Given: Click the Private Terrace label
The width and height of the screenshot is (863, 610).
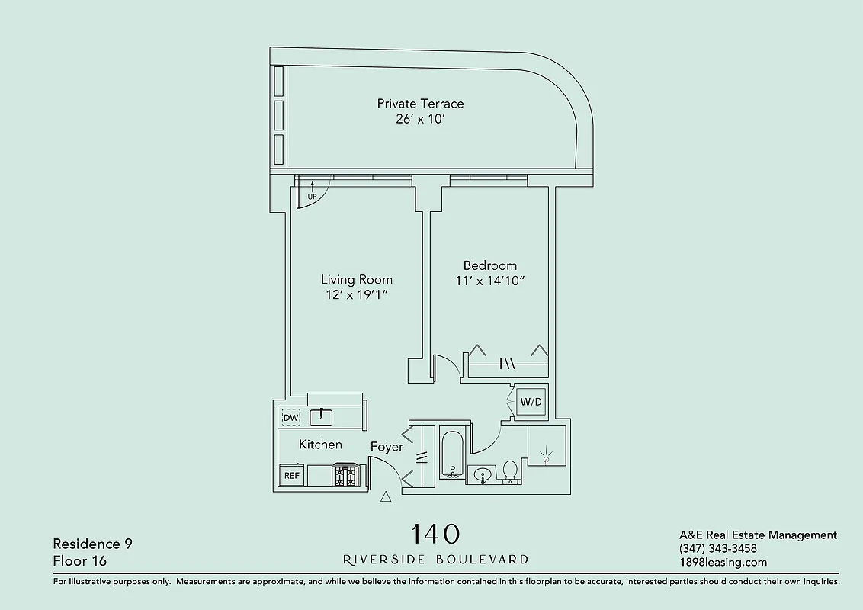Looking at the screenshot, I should click(420, 104).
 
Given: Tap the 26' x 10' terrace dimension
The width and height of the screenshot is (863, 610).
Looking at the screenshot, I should click(420, 119).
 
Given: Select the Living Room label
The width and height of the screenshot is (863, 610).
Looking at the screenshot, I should click(356, 280).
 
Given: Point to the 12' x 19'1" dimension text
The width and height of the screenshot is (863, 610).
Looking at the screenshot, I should click(356, 295).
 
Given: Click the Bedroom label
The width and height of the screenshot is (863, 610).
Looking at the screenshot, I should click(490, 265).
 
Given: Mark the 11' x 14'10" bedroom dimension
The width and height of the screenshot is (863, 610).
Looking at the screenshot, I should click(490, 281).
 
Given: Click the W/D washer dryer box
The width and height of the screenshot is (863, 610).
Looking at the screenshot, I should click(530, 402).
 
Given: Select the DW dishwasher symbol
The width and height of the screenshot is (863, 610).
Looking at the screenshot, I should click(290, 418).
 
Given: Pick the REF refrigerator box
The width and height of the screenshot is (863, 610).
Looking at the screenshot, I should click(291, 475).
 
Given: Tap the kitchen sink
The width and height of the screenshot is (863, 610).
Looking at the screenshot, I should click(323, 416).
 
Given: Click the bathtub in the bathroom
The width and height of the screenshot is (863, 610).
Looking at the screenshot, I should click(452, 455).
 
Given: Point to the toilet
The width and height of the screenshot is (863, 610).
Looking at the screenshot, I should click(511, 471).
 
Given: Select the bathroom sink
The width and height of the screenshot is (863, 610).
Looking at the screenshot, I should click(482, 475).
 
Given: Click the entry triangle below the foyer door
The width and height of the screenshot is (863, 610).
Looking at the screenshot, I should click(385, 497).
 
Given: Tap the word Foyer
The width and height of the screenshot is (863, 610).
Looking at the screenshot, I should click(387, 447).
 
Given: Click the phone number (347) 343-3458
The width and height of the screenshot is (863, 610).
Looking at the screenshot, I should click(717, 549).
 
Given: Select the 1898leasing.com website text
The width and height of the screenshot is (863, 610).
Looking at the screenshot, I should click(723, 563).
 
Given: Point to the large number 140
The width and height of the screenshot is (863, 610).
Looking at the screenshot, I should click(435, 533).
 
